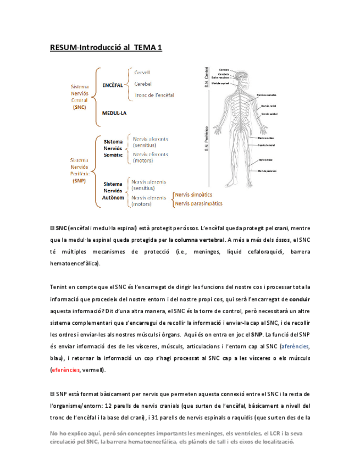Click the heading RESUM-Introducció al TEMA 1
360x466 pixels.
tap(106, 48)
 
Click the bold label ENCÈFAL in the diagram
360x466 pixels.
tap(112, 85)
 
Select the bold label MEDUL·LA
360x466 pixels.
tap(114, 113)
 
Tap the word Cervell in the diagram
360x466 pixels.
tap(142, 73)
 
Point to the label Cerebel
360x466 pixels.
tap(142, 84)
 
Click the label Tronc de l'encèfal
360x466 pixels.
tap(154, 95)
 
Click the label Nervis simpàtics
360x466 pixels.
tap(193, 195)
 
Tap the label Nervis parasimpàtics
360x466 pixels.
tap(198, 203)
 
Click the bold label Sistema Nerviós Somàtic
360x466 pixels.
tap(113, 148)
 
